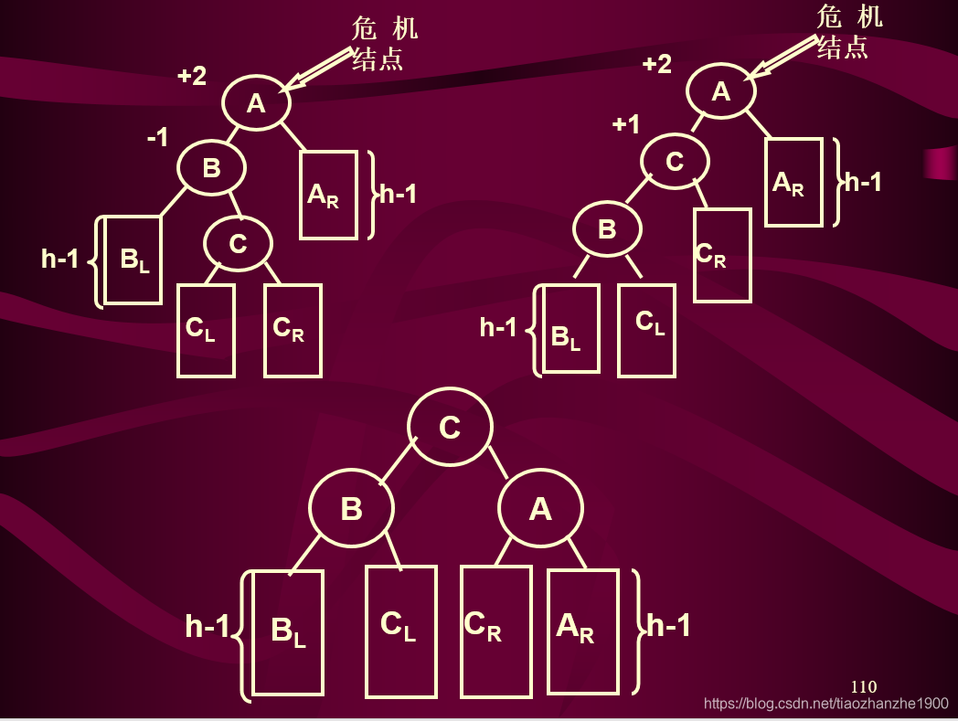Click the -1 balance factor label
click(158, 138)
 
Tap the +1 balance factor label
click(626, 124)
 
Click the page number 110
click(863, 686)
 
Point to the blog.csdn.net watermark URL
click(826, 704)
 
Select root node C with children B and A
click(450, 427)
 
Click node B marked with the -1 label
click(211, 168)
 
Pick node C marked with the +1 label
click(675, 162)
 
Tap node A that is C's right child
click(540, 508)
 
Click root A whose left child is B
click(256, 103)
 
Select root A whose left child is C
click(721, 91)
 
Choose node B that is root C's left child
click(352, 508)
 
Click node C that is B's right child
click(238, 243)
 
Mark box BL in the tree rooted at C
click(288, 632)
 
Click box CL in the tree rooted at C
click(400, 631)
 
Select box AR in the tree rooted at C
click(583, 631)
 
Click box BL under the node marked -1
click(133, 260)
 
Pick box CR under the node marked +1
click(722, 255)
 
